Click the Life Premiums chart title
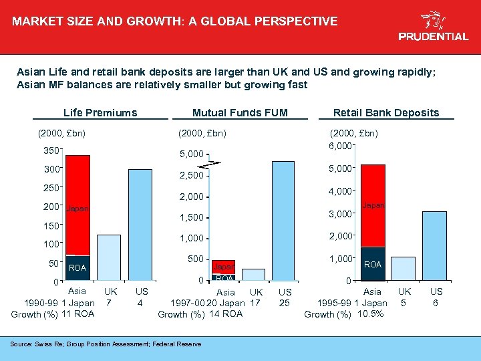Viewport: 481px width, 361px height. click(x=100, y=112)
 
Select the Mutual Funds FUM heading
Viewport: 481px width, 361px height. click(x=240, y=112)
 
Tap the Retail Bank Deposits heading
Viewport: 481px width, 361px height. click(x=386, y=112)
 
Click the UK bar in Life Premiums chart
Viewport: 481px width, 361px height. click(x=109, y=257)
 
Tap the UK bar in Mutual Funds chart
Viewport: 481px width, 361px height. click(x=253, y=275)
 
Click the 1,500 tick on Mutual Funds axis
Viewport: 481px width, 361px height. click(x=193, y=218)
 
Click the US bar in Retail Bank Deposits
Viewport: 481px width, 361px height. click(x=434, y=245)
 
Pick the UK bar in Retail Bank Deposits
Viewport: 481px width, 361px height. click(x=403, y=268)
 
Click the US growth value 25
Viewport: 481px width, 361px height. click(x=285, y=304)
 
